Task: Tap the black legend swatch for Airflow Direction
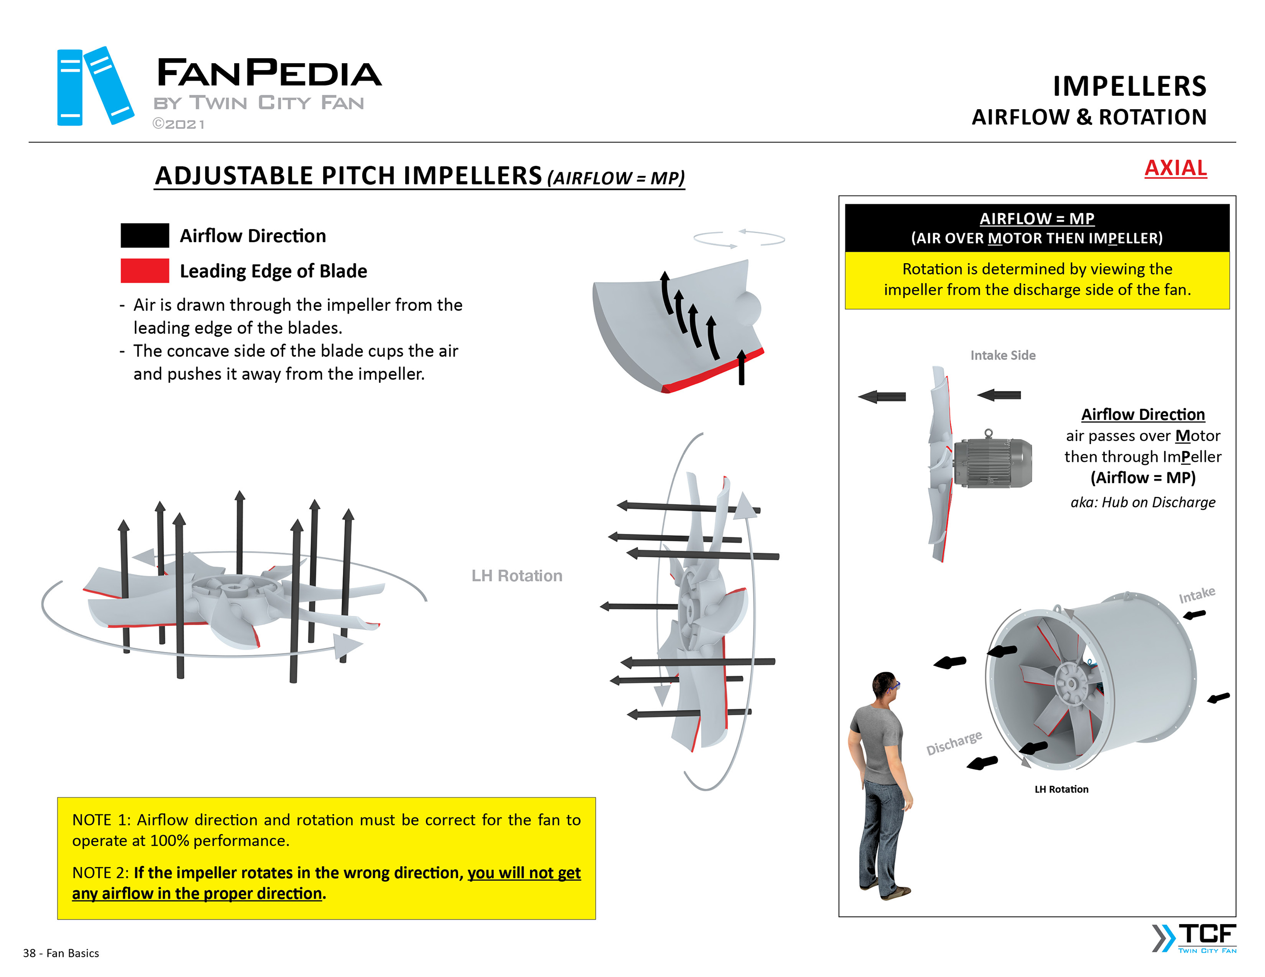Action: click(x=144, y=235)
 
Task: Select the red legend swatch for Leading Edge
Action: click(x=144, y=271)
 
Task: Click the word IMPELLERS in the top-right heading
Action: click(x=1129, y=86)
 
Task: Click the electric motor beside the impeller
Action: click(x=992, y=461)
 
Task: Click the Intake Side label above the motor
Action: click(x=1003, y=355)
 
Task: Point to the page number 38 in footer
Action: click(x=30, y=953)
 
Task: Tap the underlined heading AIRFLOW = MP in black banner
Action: click(x=1036, y=218)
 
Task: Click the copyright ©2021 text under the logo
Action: click(x=178, y=124)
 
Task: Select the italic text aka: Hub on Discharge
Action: click(x=1142, y=502)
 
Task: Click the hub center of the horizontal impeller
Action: click(x=235, y=589)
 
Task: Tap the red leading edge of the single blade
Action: click(x=713, y=370)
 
